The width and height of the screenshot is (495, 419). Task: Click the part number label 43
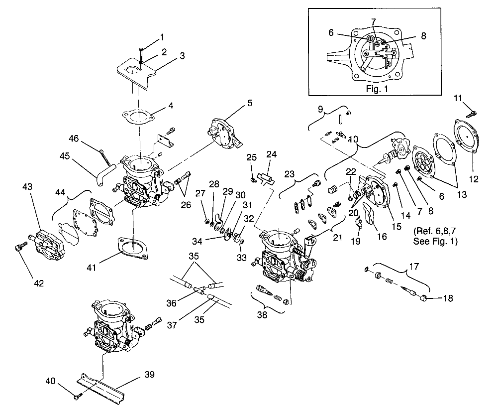pos(27,186)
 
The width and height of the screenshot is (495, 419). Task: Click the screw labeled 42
pos(19,248)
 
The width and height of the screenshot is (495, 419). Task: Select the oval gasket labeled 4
pos(137,118)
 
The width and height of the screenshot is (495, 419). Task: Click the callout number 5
pos(249,103)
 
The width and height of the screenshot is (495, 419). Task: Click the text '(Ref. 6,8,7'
pos(435,232)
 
